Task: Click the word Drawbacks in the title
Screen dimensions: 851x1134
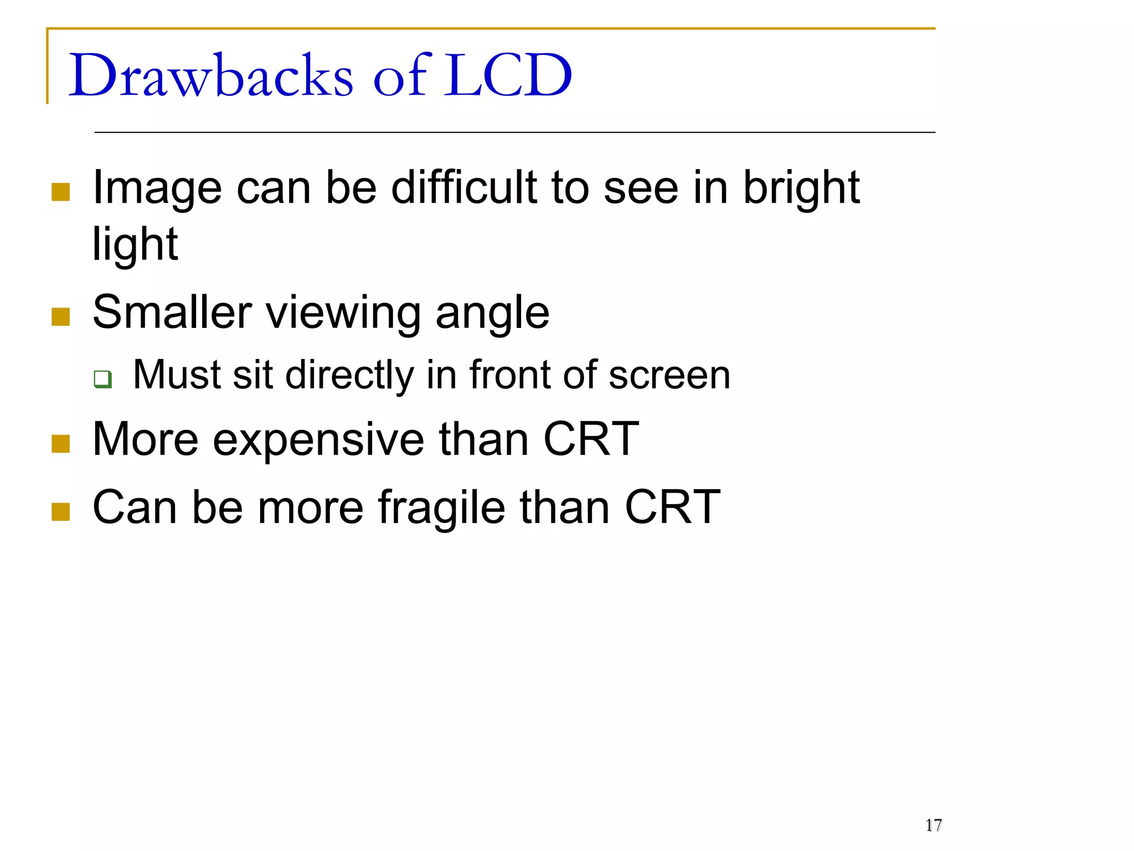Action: click(x=210, y=75)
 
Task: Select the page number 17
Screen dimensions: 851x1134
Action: click(x=933, y=825)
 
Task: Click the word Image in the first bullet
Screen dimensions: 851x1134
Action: click(x=157, y=188)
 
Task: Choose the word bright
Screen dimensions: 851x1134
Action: click(x=801, y=188)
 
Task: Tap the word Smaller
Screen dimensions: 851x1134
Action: click(x=172, y=312)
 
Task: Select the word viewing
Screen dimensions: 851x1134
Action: click(x=343, y=314)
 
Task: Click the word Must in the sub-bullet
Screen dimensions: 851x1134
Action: click(x=177, y=375)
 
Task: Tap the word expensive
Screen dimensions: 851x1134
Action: click(x=318, y=440)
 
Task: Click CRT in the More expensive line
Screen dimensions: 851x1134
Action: click(x=591, y=439)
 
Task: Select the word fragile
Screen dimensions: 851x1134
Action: click(x=441, y=507)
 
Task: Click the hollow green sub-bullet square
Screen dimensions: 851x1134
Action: click(x=102, y=380)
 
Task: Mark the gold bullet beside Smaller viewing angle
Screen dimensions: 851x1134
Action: click(x=60, y=317)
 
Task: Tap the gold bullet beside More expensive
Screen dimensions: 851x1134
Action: click(x=60, y=443)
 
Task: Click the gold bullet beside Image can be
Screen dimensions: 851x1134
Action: click(x=60, y=192)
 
